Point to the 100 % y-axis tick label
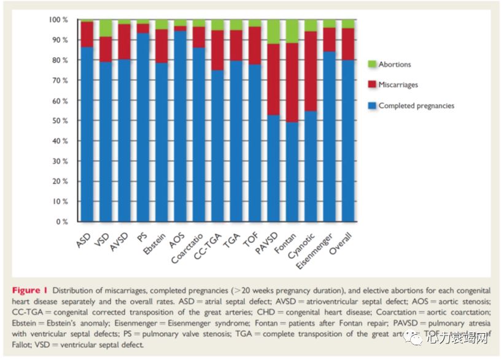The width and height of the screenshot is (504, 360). (x=58, y=20)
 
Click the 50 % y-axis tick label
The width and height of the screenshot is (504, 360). (x=60, y=121)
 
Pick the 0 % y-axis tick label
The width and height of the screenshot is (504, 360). (x=63, y=221)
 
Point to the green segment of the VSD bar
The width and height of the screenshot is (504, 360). (x=106, y=28)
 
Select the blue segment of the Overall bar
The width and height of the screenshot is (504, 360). (x=349, y=140)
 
